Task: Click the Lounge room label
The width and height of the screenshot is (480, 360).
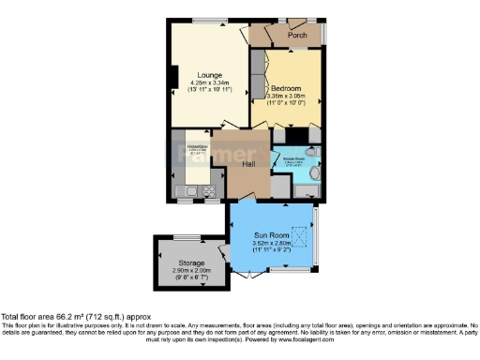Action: pyautogui.click(x=208, y=75)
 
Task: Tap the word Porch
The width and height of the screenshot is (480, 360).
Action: pyautogui.click(x=297, y=36)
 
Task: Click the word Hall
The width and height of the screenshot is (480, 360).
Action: pyautogui.click(x=248, y=164)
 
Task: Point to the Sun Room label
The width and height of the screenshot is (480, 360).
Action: pyautogui.click(x=271, y=235)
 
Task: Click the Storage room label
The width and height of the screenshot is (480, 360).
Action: pyautogui.click(x=187, y=262)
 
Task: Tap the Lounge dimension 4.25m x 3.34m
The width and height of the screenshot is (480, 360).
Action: pyautogui.click(x=208, y=84)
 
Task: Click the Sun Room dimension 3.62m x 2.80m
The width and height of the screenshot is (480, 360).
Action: pyautogui.click(x=271, y=244)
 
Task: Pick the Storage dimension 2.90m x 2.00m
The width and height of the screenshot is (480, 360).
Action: pyautogui.click(x=187, y=271)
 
